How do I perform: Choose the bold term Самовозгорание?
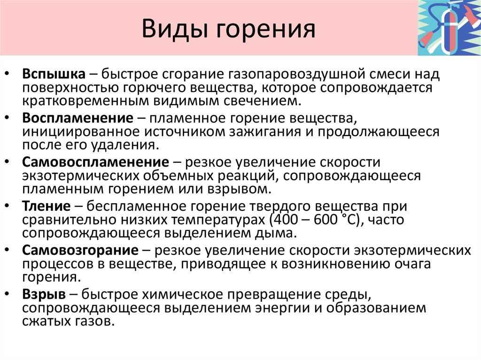(80, 250)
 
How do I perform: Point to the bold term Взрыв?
(44, 294)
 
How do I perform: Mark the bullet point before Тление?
(10, 207)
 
